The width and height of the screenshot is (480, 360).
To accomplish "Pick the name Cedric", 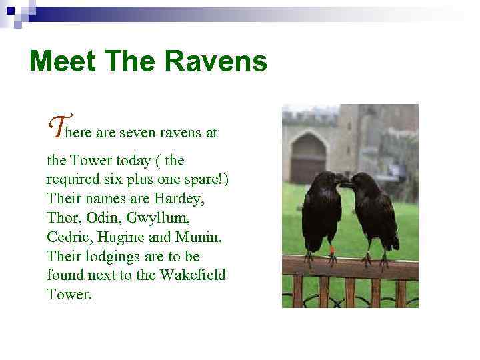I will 69,237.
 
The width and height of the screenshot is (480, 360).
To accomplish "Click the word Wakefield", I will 194,275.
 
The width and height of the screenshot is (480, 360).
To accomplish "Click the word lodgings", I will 109,257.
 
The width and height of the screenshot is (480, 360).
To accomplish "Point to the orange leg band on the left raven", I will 331,250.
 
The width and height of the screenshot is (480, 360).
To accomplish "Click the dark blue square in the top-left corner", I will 9,10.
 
